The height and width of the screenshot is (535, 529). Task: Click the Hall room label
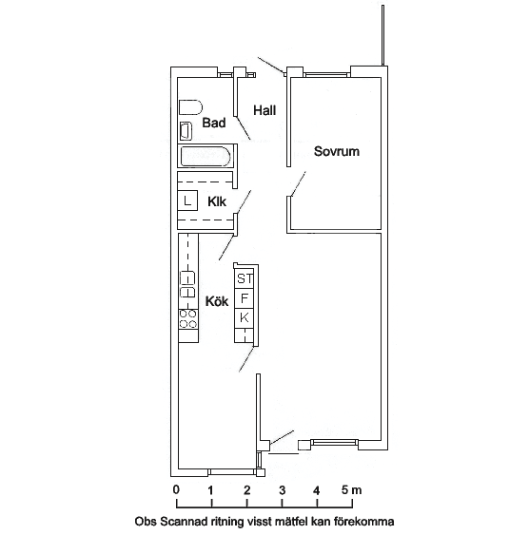[x=264, y=110]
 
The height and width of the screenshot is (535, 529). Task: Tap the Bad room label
[x=214, y=123]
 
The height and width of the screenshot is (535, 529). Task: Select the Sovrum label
[x=337, y=151]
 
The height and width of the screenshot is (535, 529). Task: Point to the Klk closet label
[x=217, y=201]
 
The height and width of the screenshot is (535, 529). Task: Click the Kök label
[x=217, y=301]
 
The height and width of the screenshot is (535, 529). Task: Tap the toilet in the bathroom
[x=190, y=107]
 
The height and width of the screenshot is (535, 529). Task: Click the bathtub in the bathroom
[x=206, y=157]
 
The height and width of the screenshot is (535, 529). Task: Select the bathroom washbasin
[x=186, y=131]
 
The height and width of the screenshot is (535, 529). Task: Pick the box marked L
[x=187, y=201]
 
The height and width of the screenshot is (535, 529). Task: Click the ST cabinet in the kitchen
[x=245, y=278]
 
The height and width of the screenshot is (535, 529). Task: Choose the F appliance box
[x=245, y=298]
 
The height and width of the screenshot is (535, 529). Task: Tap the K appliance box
[x=245, y=318]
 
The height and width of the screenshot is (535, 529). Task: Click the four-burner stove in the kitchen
[x=188, y=319]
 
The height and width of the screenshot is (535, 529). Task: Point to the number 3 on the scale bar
[x=282, y=490]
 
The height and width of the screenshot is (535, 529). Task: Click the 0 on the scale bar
[x=176, y=490]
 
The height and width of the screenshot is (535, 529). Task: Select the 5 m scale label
[x=351, y=490]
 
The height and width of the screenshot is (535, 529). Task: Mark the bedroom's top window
[x=327, y=74]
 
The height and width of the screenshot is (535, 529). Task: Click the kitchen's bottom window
[x=232, y=472]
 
